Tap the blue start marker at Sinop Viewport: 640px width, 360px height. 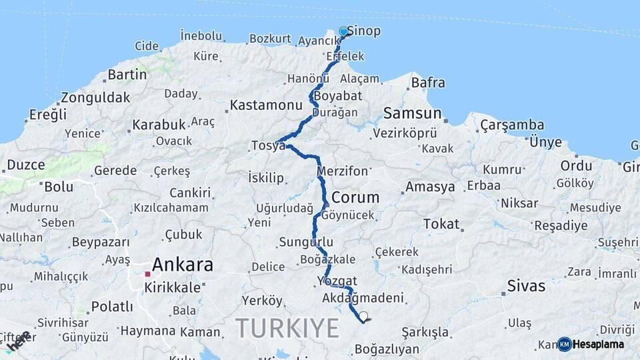click(x=343, y=31)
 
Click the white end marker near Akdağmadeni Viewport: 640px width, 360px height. click(x=363, y=316)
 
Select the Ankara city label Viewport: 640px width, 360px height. click(x=183, y=265)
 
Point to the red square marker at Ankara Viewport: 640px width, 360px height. click(x=147, y=273)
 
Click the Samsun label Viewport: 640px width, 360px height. click(x=412, y=113)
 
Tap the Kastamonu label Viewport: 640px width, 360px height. click(x=266, y=105)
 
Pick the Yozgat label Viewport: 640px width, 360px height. click(x=337, y=281)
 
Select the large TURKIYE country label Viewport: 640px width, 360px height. click(x=287, y=327)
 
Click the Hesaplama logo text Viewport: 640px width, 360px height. click(x=599, y=344)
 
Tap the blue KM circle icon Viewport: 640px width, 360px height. click(x=565, y=344)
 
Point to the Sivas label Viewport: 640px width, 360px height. click(x=526, y=287)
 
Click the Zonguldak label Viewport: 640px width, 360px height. click(x=95, y=98)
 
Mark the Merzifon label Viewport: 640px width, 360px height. click(x=343, y=171)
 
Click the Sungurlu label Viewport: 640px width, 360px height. click(x=306, y=242)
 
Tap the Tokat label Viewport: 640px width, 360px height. click(x=441, y=224)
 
